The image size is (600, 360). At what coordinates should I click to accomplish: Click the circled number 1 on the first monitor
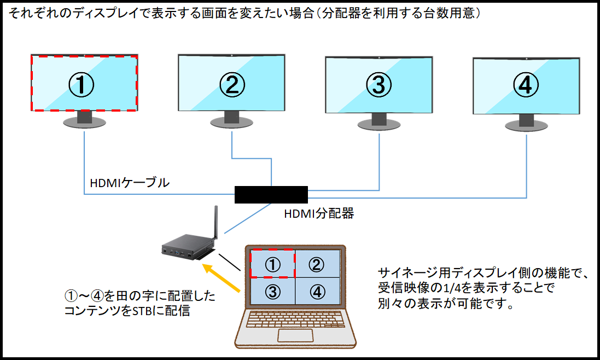tap(81, 85)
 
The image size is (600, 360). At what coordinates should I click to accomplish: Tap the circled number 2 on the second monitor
tap(232, 85)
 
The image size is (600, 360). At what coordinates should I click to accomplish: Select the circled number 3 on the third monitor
tap(379, 85)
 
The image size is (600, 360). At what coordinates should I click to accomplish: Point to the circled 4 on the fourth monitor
tap(526, 85)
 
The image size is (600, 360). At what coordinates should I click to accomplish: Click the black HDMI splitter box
tap(271, 194)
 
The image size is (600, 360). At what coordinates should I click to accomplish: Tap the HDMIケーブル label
tap(130, 183)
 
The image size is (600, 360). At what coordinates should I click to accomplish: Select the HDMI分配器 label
tap(319, 213)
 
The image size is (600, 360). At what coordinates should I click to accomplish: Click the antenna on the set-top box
tap(215, 222)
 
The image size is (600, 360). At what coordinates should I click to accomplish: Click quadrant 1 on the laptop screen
tap(272, 264)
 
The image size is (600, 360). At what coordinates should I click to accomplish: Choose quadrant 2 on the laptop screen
tap(317, 264)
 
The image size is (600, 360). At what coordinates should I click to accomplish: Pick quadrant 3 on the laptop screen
tap(272, 291)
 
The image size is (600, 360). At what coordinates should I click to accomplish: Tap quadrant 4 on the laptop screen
tap(317, 291)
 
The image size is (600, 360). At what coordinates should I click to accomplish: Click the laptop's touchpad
tap(295, 335)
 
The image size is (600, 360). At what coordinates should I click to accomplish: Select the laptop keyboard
tap(295, 319)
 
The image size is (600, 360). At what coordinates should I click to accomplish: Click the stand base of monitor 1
tap(85, 123)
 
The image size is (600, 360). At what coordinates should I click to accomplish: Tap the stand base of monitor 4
tap(527, 125)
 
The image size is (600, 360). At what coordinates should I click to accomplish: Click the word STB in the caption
tap(142, 311)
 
